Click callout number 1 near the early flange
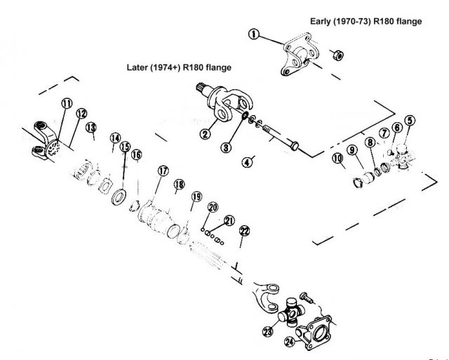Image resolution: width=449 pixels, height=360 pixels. pos(253,34)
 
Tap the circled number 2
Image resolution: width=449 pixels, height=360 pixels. pos(205,133)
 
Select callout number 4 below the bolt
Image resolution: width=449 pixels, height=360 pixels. pos(246,161)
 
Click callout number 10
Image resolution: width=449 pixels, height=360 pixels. pos(337,160)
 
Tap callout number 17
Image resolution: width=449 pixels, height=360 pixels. pos(163,170)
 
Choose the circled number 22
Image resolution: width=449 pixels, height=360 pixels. pos(244,231)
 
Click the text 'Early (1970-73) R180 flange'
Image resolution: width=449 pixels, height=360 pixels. pos(366,22)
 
